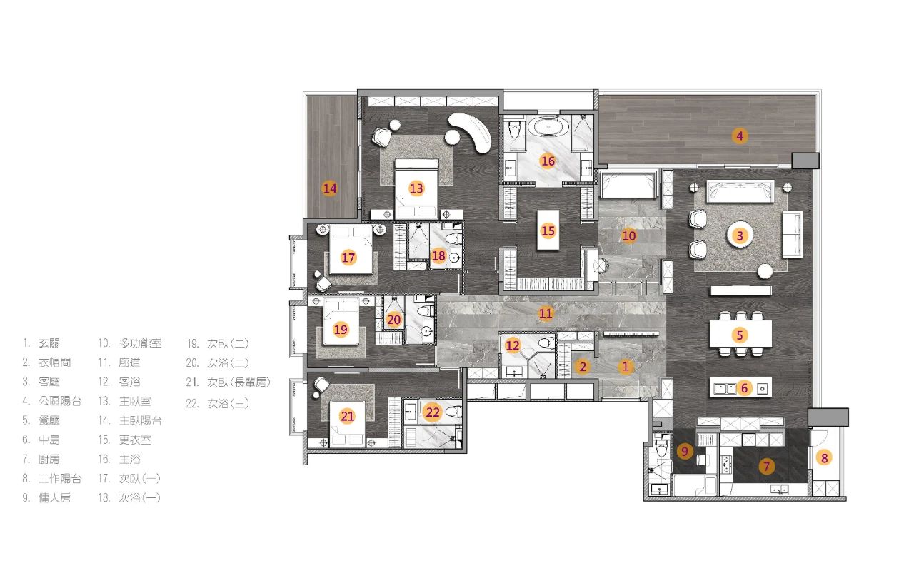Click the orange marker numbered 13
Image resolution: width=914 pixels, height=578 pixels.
pyautogui.click(x=416, y=188)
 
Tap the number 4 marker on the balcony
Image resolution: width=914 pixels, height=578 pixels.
pyautogui.click(x=739, y=136)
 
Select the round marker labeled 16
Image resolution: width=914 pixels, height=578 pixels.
pyautogui.click(x=548, y=161)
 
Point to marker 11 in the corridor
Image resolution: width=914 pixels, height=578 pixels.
pyautogui.click(x=546, y=313)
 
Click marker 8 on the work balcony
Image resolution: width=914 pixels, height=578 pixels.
pyautogui.click(x=824, y=457)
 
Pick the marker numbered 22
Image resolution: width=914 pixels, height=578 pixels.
pyautogui.click(x=433, y=412)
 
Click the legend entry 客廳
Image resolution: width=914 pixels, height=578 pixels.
pyautogui.click(x=49, y=382)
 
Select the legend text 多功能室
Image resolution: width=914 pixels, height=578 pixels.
pyautogui.click(x=141, y=343)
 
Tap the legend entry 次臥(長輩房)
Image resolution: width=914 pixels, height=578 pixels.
pyautogui.click(x=238, y=382)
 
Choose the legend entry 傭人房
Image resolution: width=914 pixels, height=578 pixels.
pyautogui.click(x=55, y=497)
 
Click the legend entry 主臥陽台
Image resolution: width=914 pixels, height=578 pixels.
pyautogui.click(x=141, y=420)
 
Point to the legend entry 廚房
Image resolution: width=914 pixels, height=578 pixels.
pyautogui.click(x=49, y=459)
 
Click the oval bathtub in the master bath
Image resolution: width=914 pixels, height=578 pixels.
pyautogui.click(x=548, y=126)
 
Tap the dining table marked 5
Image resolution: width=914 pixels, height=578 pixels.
pyautogui.click(x=740, y=334)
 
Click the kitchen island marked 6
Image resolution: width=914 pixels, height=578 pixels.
pyautogui.click(x=740, y=387)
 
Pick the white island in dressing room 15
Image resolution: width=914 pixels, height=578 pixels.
pyautogui.click(x=548, y=230)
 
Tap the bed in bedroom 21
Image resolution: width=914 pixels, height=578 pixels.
pyautogui.click(x=347, y=424)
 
